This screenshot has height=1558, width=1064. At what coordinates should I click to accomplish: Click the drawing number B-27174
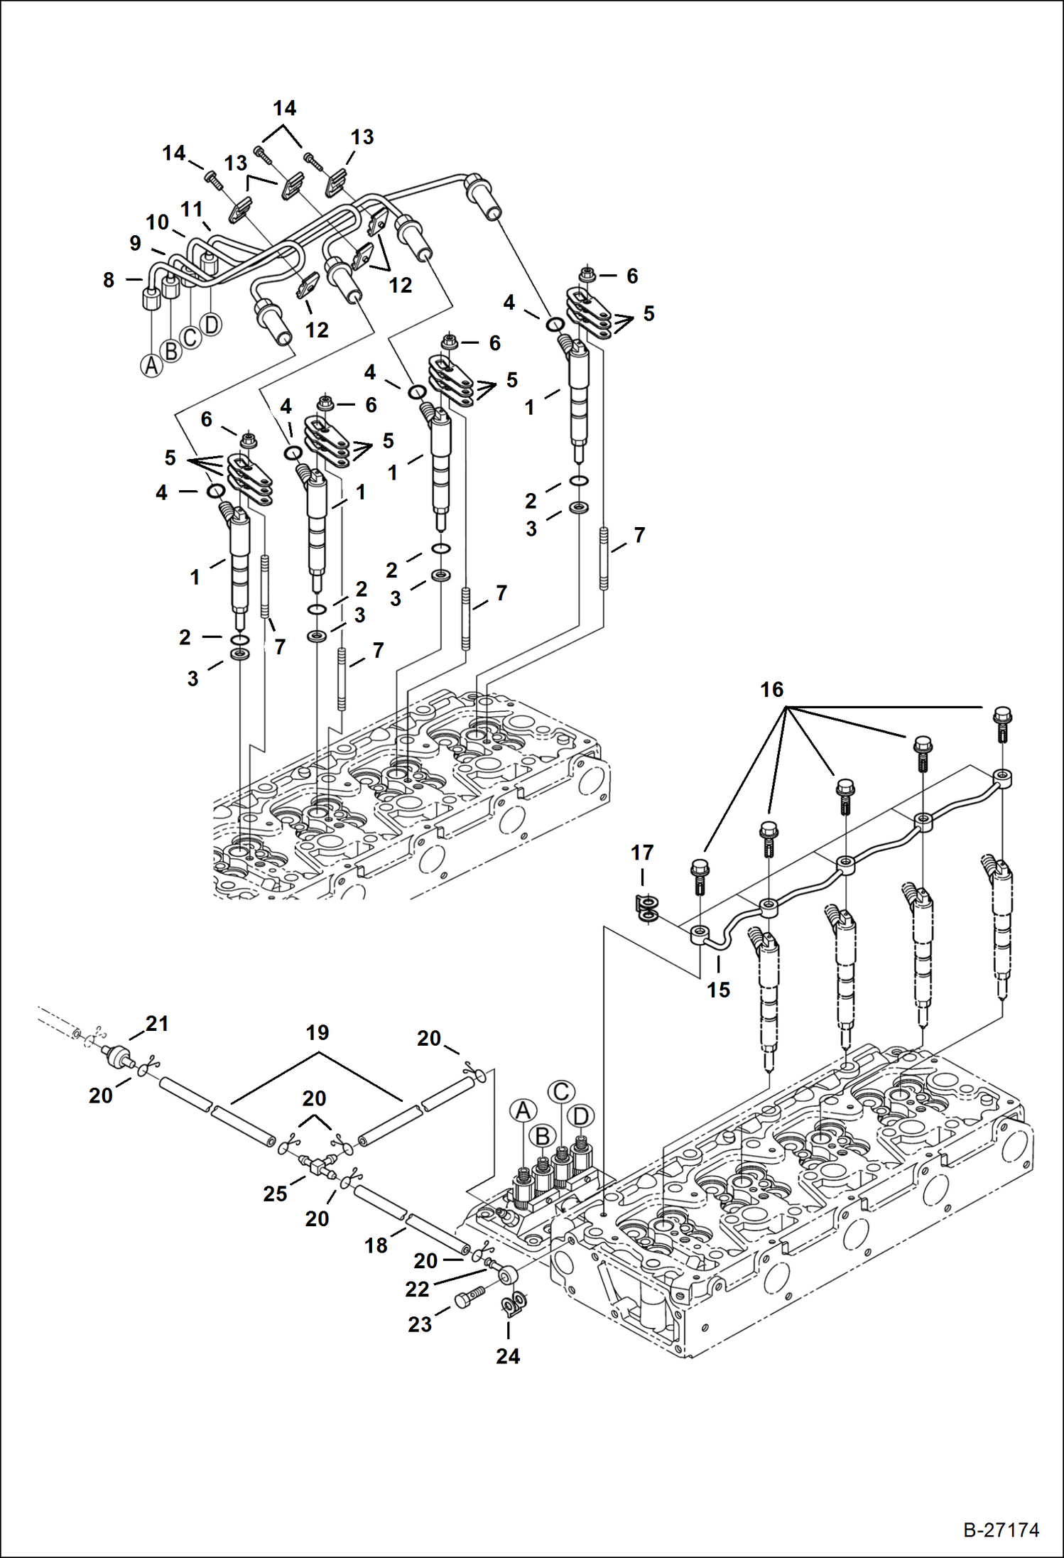tap(1001, 1530)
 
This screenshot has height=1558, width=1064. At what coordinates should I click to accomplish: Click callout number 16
tap(771, 689)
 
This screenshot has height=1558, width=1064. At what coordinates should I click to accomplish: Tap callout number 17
tap(642, 853)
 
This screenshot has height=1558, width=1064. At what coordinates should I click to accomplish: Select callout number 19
tap(317, 1033)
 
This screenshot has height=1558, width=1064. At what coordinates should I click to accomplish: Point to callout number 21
tap(157, 1024)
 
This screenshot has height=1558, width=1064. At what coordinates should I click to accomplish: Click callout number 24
tap(508, 1356)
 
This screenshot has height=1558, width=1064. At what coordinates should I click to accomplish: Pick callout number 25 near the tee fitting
tap(275, 1194)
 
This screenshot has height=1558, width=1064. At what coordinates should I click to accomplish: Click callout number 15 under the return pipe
tap(718, 990)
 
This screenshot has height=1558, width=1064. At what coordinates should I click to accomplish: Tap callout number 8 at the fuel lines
tap(109, 280)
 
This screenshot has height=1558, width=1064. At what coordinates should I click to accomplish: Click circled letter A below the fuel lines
tap(151, 366)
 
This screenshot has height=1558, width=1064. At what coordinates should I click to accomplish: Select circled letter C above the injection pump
tap(561, 1092)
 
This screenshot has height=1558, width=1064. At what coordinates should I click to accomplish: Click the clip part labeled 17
tap(647, 910)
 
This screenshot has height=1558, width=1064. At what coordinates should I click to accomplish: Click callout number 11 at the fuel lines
tap(192, 210)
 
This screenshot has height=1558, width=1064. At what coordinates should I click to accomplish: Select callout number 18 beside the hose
tap(376, 1245)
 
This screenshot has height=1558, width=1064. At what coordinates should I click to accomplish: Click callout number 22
tap(417, 1289)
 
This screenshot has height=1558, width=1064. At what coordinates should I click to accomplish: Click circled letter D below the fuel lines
tap(211, 325)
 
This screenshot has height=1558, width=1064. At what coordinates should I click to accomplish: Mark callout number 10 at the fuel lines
tap(157, 222)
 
